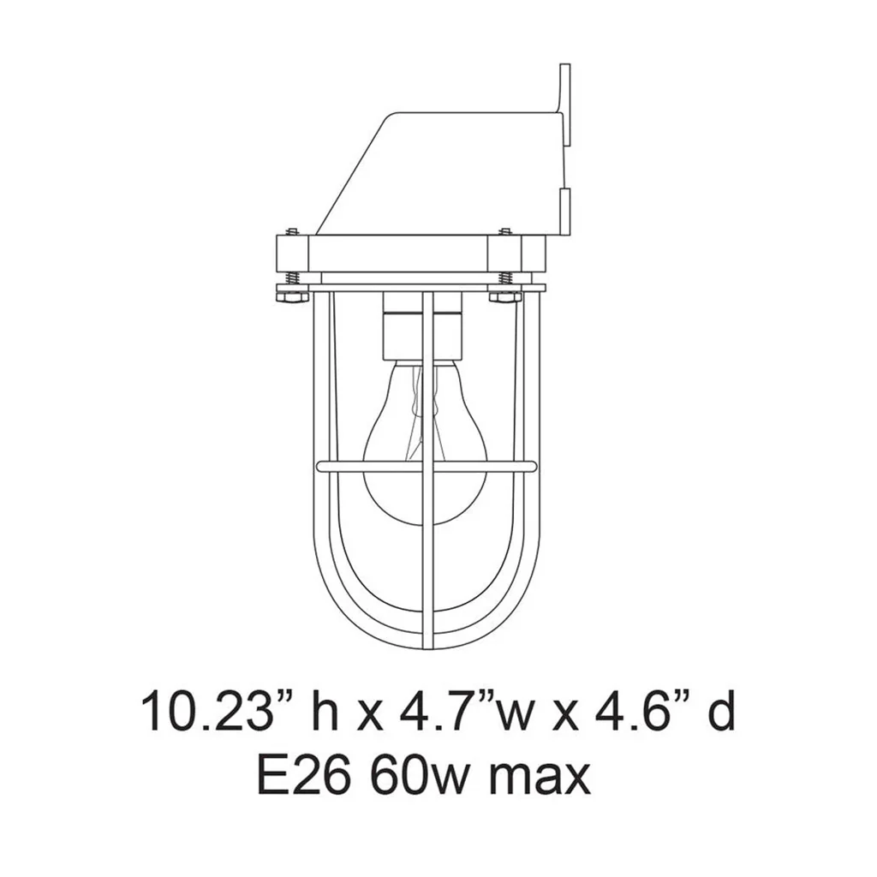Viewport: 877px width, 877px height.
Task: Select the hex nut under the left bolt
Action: click(x=293, y=295)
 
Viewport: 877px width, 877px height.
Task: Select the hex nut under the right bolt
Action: click(x=505, y=295)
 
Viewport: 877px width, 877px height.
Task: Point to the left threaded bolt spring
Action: click(x=293, y=278)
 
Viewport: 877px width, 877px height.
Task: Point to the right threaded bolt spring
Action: click(x=505, y=278)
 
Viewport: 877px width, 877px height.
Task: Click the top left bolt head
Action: click(x=292, y=231)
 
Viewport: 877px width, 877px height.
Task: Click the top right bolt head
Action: click(x=505, y=231)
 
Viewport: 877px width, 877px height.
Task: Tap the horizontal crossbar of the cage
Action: click(x=427, y=465)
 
